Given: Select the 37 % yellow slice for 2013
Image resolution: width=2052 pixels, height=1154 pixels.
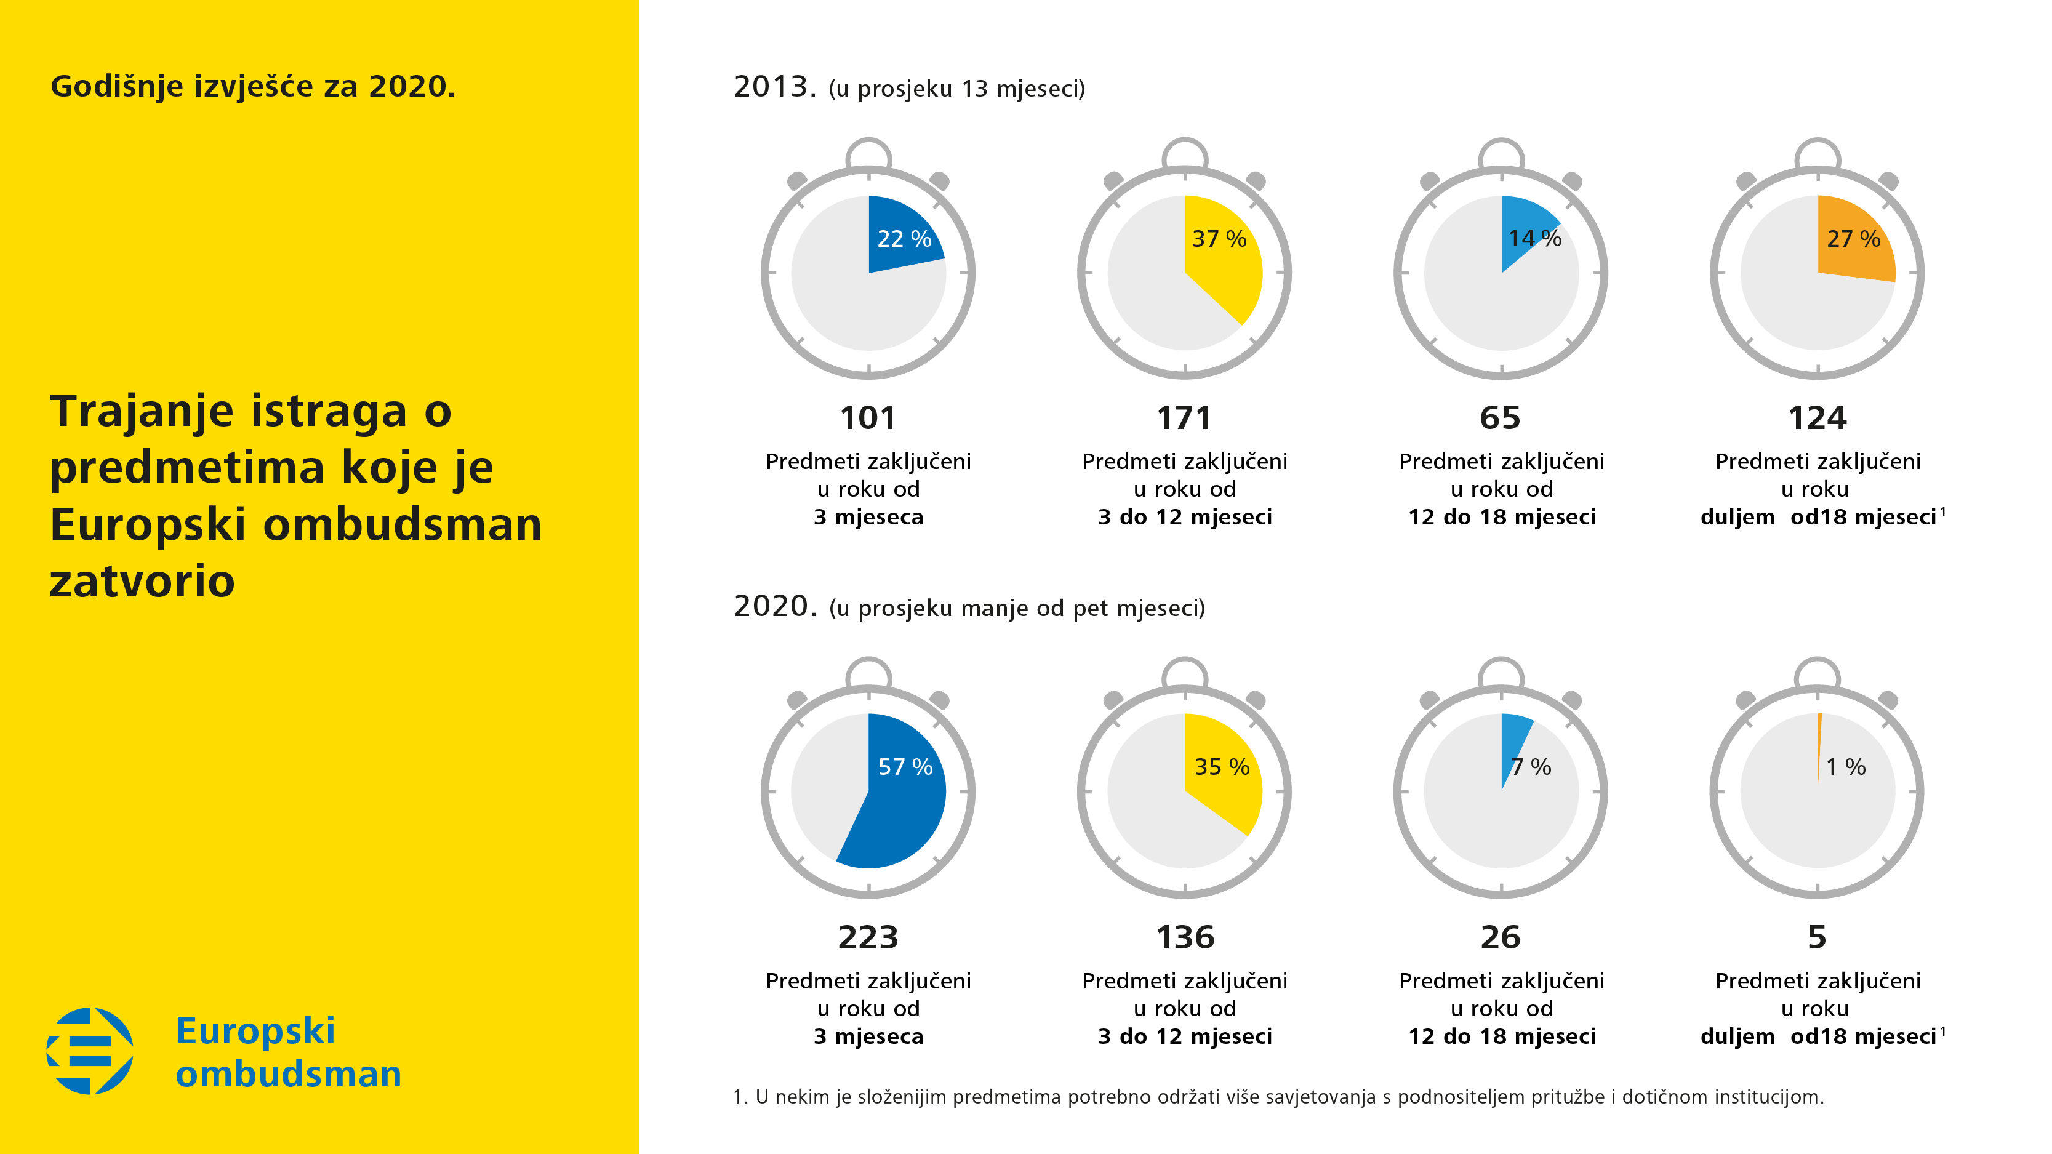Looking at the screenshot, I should (1223, 255).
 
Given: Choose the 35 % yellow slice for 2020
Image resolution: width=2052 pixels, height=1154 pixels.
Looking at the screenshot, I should (1223, 777).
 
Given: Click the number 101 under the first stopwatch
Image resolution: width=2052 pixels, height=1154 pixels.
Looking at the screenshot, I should (867, 418).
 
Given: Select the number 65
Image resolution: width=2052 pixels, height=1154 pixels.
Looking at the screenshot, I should (1500, 418).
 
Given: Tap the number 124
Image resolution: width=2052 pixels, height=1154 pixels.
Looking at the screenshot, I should (1817, 418).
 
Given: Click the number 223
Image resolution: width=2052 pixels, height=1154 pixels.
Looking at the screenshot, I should (867, 937).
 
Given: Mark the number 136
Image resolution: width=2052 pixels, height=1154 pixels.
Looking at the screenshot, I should (1185, 937).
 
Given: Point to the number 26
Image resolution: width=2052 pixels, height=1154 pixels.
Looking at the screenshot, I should (1500, 937).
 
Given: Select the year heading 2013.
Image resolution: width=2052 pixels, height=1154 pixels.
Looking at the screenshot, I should (774, 87).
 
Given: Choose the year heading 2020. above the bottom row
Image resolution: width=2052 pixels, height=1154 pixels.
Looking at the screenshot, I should (774, 606).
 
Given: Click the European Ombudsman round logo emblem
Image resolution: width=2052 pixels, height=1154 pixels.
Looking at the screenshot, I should (90, 1051).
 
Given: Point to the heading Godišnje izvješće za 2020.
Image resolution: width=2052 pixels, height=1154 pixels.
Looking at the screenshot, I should (252, 86).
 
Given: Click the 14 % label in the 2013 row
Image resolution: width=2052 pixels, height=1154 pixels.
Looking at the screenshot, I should (1534, 238).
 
